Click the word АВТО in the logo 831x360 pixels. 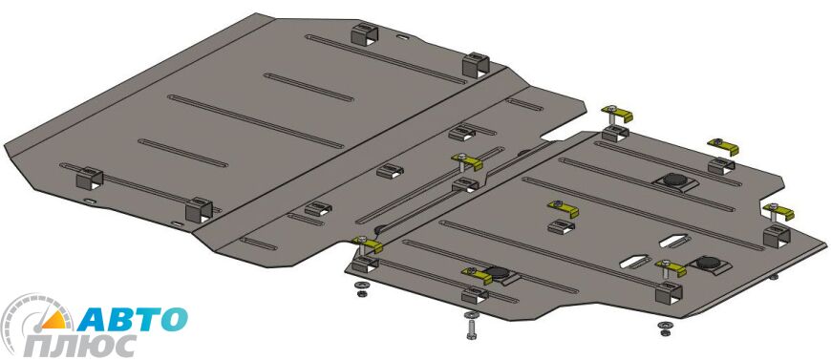(x=133, y=319)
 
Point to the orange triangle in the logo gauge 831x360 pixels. (x=54, y=320)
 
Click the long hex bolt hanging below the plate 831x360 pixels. (x=471, y=326)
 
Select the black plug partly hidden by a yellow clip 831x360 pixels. (x=497, y=273)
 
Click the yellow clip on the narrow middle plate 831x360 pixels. (x=467, y=160)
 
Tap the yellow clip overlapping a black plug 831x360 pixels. (x=477, y=275)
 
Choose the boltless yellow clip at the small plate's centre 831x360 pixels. (x=563, y=208)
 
